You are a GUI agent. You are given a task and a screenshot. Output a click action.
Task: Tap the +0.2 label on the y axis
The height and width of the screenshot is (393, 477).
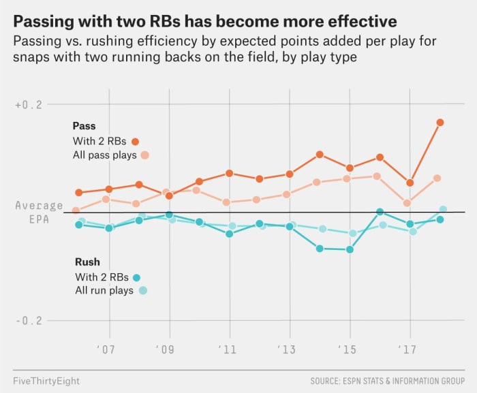coord(28,105)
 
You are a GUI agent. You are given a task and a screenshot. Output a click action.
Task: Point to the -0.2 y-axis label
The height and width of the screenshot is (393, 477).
coord(28,321)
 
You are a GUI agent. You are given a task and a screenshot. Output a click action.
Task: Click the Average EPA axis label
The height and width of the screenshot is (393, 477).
coord(39,213)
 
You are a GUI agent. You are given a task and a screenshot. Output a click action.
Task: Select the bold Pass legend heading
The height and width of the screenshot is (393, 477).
coord(84,126)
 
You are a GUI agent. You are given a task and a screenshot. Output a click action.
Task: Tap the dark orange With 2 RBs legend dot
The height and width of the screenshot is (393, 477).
coord(135,142)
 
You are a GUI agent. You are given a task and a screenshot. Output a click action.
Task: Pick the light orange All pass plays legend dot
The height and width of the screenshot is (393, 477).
coord(144,155)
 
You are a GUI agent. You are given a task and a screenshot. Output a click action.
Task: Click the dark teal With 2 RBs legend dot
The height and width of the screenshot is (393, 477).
coord(136,277)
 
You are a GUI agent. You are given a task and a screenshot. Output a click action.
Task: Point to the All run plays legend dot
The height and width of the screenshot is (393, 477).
coord(143,291)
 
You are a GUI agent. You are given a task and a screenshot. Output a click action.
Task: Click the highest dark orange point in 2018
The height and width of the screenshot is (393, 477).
coord(440,123)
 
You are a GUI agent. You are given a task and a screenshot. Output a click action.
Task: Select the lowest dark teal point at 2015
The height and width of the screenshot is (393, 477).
coord(350,250)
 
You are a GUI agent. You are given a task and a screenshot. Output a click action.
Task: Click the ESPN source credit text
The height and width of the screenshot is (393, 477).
coord(387,379)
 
